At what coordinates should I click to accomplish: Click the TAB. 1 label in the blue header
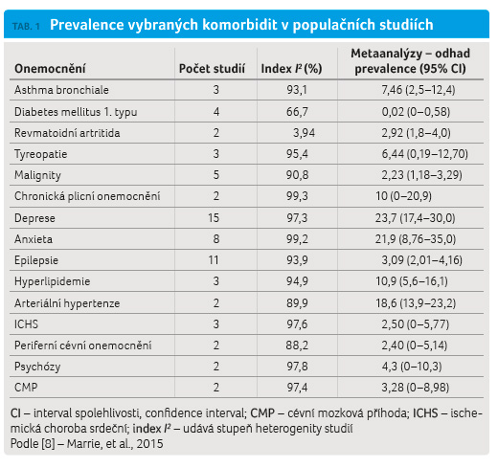click(x=26, y=26)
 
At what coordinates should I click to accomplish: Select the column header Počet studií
click(x=212, y=69)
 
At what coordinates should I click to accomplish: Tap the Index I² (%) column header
click(x=291, y=69)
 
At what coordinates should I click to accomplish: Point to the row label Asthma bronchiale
click(x=61, y=90)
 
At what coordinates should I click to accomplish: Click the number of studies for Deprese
click(x=214, y=218)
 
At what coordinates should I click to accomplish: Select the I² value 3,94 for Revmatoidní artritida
click(x=304, y=133)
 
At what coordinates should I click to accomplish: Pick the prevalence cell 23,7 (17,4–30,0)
click(x=415, y=218)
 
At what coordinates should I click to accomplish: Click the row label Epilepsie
click(x=36, y=260)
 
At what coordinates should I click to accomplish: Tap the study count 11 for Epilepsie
click(x=214, y=260)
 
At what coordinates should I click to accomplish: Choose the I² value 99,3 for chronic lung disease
click(x=297, y=196)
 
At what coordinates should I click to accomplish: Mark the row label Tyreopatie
click(x=41, y=154)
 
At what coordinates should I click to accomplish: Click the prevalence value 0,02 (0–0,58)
click(x=416, y=112)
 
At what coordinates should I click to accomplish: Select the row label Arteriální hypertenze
click(x=67, y=303)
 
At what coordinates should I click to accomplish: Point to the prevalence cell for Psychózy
click(x=412, y=367)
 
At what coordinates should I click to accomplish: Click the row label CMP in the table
click(x=26, y=388)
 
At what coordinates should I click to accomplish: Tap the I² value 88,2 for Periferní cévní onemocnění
click(x=297, y=345)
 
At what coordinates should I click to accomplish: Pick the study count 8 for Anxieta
click(x=216, y=239)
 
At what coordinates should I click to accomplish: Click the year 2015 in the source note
click(x=149, y=444)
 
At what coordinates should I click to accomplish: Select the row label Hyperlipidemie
click(x=53, y=281)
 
